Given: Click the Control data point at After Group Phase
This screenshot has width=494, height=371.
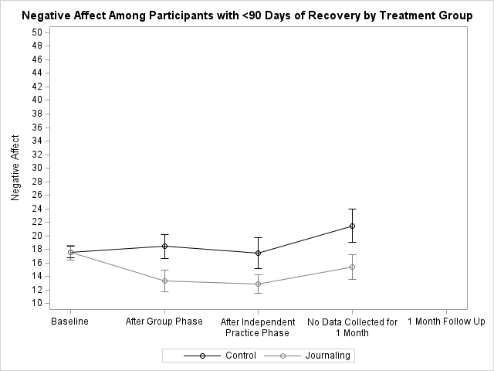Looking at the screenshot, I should tap(164, 246).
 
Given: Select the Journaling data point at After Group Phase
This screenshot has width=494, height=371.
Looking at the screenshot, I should tap(164, 281).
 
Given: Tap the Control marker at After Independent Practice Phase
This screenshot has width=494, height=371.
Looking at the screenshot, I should tap(259, 253).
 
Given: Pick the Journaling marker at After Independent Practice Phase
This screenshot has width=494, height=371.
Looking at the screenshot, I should tap(259, 284).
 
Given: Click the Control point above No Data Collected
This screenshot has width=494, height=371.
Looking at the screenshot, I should tap(352, 226).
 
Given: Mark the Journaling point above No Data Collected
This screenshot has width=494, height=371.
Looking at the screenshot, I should tap(352, 267).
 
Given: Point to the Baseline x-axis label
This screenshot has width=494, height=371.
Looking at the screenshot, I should tap(70, 322).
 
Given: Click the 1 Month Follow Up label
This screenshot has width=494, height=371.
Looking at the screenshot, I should tap(446, 322).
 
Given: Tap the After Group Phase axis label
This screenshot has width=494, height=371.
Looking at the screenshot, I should tap(164, 322).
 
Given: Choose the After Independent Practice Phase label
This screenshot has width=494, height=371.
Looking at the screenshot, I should tap(259, 327).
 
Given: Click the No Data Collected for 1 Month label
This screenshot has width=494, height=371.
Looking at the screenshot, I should tap(352, 327).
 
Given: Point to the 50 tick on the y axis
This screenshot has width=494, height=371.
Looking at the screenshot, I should tap(37, 32).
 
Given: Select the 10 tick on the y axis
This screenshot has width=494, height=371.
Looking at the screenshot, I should tap(37, 304).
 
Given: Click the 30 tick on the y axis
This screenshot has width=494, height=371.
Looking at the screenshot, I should tap(37, 168).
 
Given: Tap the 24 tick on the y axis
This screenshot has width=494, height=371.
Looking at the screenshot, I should tap(37, 209).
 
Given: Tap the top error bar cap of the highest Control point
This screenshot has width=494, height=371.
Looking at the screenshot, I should tap(352, 209).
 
